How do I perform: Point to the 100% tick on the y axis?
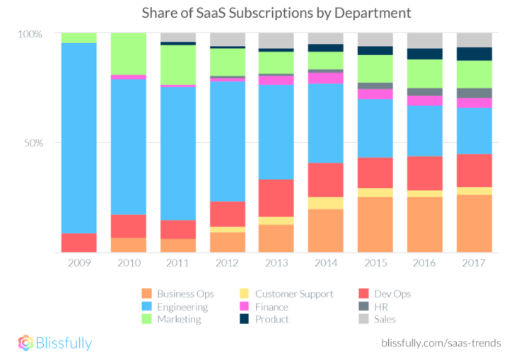pyautogui.click(x=30, y=33)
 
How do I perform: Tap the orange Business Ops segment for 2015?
pyautogui.click(x=375, y=224)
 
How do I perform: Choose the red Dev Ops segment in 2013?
pyautogui.click(x=276, y=198)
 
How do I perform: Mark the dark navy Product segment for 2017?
pyautogui.click(x=474, y=54)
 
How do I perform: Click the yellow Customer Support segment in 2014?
pyautogui.click(x=326, y=203)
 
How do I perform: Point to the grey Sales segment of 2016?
pyautogui.click(x=425, y=40)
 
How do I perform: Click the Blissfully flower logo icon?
pyautogui.click(x=25, y=343)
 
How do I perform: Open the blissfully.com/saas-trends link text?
pyautogui.click(x=441, y=343)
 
